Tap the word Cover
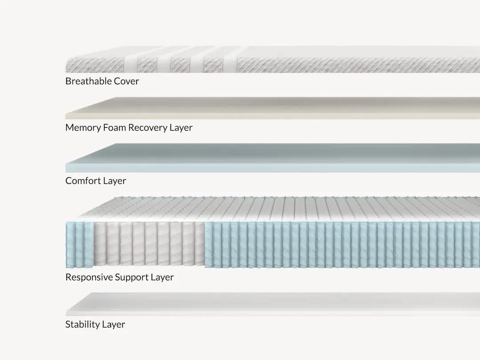click(x=126, y=81)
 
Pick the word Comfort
click(x=83, y=180)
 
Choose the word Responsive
click(x=89, y=277)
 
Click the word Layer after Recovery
click(x=181, y=128)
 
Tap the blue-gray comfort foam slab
click(x=272, y=158)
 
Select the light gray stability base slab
click(x=272, y=304)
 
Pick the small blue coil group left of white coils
click(x=80, y=244)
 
